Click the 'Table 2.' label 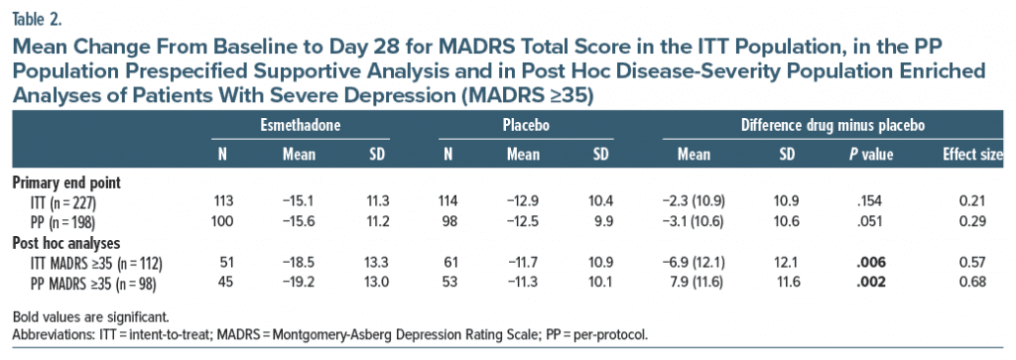click(38, 19)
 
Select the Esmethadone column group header click(300, 126)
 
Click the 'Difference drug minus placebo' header click(832, 126)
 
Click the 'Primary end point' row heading click(66, 182)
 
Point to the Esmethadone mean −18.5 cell click(300, 262)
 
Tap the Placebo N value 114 click(448, 202)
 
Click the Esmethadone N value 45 click(221, 282)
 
